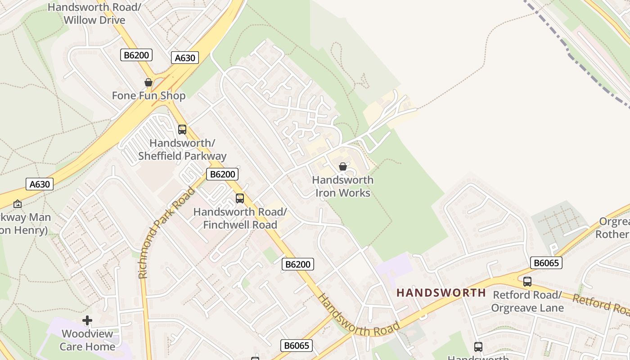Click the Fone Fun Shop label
(148, 96)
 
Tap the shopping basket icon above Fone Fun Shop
(148, 82)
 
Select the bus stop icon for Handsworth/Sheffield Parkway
(182, 130)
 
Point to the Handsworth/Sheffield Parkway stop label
(182, 150)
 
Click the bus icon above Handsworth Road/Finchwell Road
(240, 198)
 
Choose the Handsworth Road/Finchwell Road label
(240, 218)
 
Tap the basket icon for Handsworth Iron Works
(343, 167)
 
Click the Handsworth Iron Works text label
(342, 186)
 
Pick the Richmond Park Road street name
(166, 233)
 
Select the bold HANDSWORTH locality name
(441, 293)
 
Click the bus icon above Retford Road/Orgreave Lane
(527, 282)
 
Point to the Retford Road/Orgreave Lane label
(527, 301)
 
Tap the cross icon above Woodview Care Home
(87, 320)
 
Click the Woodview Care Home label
(88, 340)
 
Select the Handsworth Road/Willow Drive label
(94, 13)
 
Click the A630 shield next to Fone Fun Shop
(185, 58)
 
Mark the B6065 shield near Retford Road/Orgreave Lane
(546, 263)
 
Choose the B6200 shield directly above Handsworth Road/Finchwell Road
(222, 174)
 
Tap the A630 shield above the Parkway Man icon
(40, 184)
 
